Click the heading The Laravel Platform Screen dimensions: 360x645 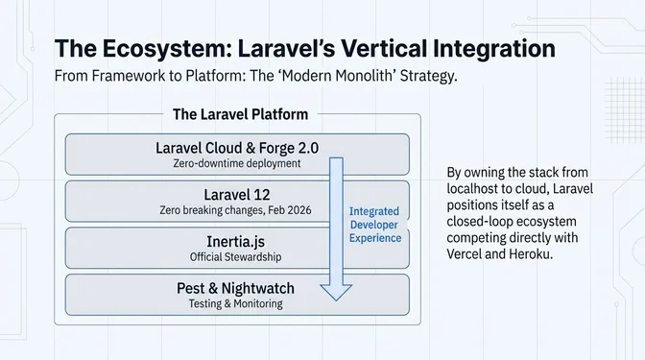coord(240,114)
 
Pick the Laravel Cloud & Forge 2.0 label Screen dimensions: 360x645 coord(236,148)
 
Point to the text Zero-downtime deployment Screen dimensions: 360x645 coord(236,163)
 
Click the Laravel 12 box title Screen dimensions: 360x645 coord(236,194)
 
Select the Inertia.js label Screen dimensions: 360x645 coord(236,241)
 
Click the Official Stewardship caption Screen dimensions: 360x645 coord(236,257)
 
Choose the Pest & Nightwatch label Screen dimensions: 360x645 coord(236,287)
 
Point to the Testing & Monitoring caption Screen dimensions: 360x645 coord(236,303)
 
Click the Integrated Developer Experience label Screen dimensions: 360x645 coord(374,225)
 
